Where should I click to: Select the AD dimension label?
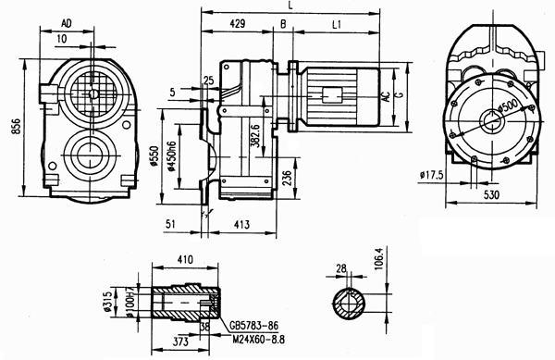point(67,21)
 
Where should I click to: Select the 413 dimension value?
point(242,223)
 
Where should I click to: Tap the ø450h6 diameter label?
point(170,160)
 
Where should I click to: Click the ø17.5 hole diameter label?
point(433,174)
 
